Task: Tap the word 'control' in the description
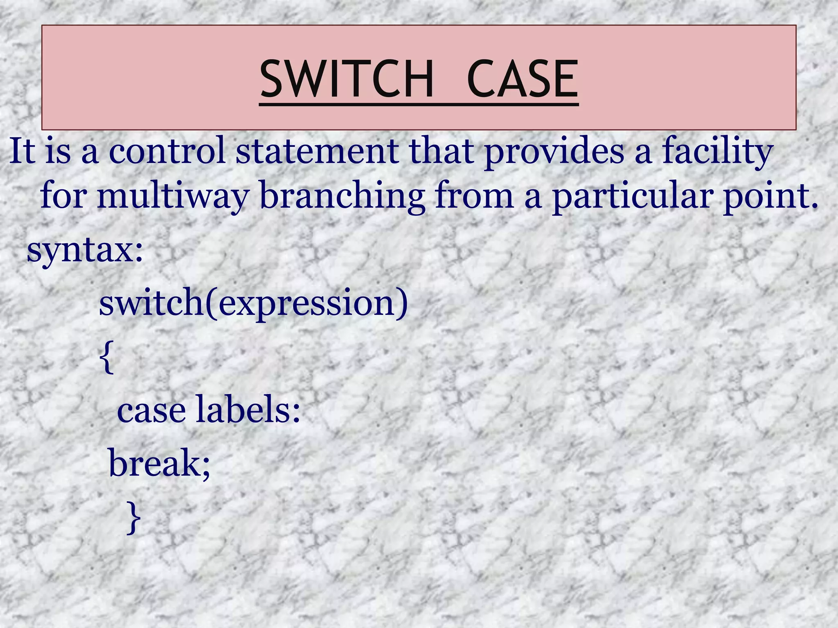(167, 151)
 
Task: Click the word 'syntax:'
(85, 250)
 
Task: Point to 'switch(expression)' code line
(253, 303)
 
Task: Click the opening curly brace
(106, 357)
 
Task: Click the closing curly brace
(133, 518)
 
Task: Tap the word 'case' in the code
(151, 410)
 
